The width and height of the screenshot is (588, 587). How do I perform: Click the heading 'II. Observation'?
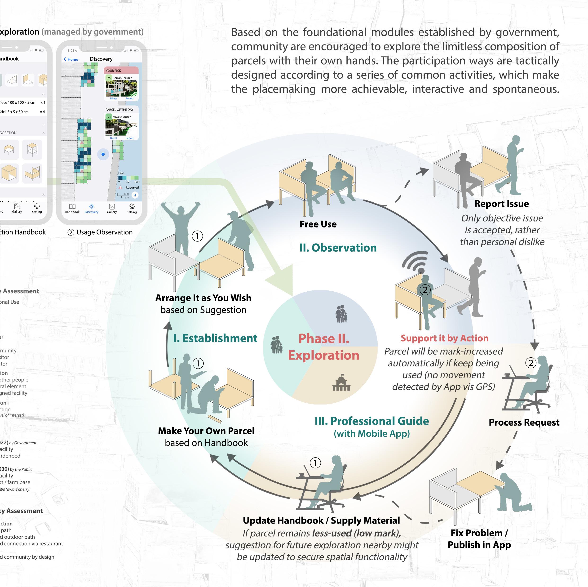[x=338, y=248]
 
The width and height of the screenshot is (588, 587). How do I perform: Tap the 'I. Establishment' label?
[x=215, y=338]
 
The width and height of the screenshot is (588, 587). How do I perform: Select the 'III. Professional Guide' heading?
[x=371, y=421]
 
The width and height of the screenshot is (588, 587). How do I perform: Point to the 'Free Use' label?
[x=318, y=224]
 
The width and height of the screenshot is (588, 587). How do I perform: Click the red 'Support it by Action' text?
[x=444, y=338]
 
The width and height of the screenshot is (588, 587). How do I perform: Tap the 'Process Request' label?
[x=524, y=422]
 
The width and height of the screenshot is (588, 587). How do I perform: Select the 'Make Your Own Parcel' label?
[x=206, y=431]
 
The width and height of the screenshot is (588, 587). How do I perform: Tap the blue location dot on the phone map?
[x=103, y=154]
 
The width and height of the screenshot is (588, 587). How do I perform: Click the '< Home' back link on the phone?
[x=71, y=59]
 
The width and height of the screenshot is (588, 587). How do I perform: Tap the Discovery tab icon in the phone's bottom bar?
[x=92, y=206]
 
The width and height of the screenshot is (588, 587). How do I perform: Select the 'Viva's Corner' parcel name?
[x=122, y=117]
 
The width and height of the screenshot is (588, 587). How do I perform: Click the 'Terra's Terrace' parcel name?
[x=122, y=78]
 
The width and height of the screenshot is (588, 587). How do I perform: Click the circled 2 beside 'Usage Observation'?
[x=71, y=232]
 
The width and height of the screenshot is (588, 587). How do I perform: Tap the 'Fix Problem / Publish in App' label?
[x=479, y=538]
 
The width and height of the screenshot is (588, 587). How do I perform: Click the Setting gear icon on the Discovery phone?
[x=132, y=206]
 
